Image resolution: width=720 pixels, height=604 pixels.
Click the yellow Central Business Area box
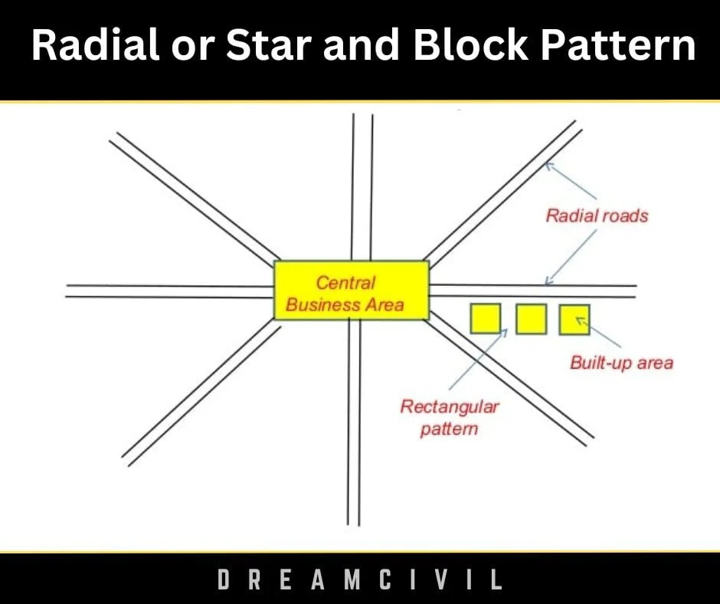352,290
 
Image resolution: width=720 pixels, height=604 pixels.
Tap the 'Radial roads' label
597,215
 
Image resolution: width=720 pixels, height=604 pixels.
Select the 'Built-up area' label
622,363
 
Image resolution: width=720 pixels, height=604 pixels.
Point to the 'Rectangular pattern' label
449,418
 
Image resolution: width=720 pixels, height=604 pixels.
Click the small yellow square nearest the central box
486,319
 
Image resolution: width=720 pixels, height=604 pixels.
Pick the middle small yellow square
532,319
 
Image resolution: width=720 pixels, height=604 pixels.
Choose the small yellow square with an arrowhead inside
574,319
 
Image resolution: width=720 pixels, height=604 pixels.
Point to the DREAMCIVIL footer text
360,579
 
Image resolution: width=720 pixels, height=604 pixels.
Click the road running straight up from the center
362,187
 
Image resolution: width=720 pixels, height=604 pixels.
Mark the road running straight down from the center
354,422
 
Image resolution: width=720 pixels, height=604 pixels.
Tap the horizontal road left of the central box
170,291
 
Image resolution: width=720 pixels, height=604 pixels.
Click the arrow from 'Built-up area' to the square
598,332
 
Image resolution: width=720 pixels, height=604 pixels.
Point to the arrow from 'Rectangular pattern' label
479,359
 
